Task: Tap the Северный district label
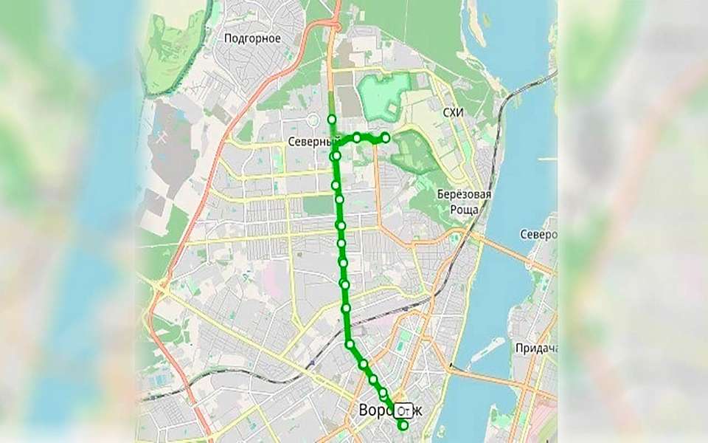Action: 307,142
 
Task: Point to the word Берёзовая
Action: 464,195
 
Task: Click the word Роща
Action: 464,210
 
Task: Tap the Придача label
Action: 536,348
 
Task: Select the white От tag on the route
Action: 404,409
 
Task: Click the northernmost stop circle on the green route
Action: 332,119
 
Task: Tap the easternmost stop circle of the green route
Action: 385,137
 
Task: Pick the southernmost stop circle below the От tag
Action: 403,425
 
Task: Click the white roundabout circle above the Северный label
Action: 313,119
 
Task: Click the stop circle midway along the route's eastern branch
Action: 357,137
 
